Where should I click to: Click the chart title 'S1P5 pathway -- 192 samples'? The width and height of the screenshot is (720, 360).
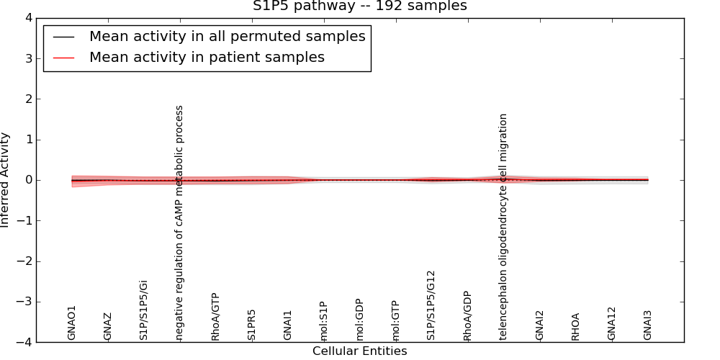[x=359, y=6]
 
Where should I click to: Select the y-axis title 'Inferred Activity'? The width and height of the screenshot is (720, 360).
[x=6, y=180]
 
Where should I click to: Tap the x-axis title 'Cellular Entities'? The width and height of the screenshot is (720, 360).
[x=359, y=351]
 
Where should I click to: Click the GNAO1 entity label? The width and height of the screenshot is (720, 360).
[x=72, y=322]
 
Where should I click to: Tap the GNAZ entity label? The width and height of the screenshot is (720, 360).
[x=108, y=326]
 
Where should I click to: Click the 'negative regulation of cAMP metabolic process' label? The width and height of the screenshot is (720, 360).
[x=180, y=222]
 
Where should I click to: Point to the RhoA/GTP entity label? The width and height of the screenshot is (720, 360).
[x=216, y=316]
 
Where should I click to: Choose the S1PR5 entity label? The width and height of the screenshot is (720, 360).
[x=252, y=325]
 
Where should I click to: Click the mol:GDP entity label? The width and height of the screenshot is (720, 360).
[x=360, y=319]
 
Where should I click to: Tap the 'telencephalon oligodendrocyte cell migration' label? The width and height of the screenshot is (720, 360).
[x=504, y=226]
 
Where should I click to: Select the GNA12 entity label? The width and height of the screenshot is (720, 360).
[x=612, y=323]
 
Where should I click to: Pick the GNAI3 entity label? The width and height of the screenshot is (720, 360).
[x=648, y=325]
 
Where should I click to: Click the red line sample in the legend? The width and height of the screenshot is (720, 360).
[x=64, y=58]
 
